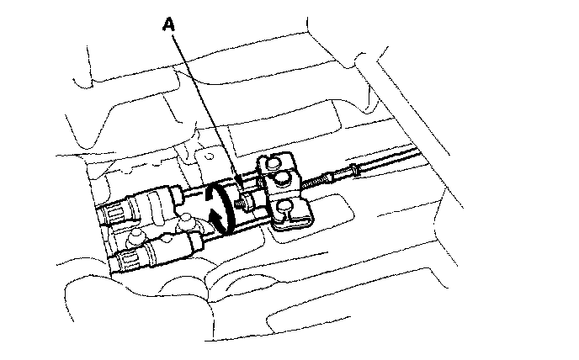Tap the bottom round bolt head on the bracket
(x=285, y=207)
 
